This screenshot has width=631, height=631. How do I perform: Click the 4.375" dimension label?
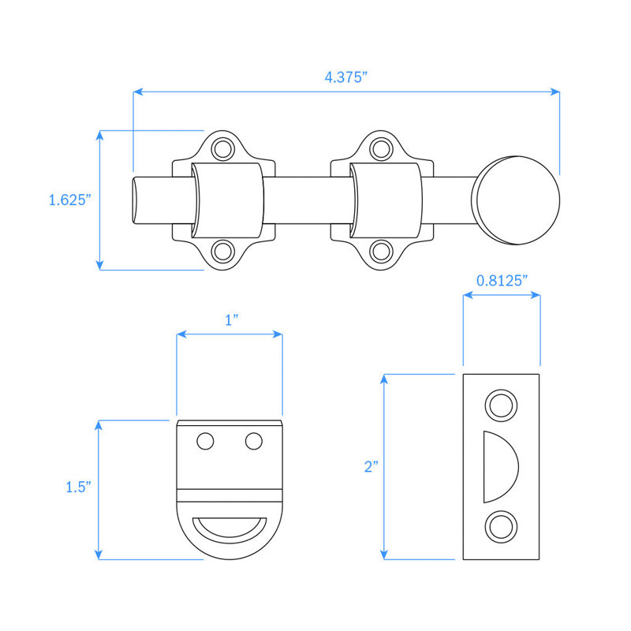click(346, 77)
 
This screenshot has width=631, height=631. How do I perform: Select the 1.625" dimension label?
click(69, 200)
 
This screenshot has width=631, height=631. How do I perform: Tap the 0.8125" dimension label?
click(502, 281)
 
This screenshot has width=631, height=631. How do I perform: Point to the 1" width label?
click(231, 320)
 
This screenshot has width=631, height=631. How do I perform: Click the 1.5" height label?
click(78, 487)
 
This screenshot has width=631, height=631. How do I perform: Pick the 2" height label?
click(371, 467)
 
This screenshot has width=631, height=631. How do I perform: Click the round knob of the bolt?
click(516, 200)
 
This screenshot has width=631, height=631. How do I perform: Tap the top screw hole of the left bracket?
click(223, 149)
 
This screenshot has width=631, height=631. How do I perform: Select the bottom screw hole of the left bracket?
click(223, 252)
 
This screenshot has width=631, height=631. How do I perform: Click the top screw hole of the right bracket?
click(381, 149)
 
